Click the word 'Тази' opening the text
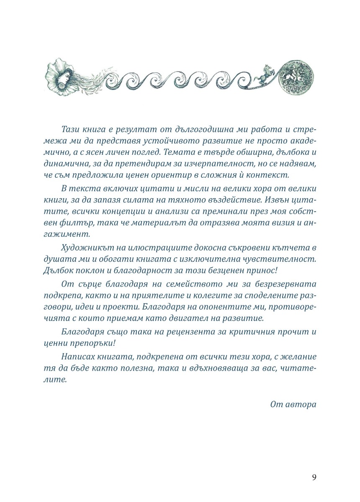click(70, 128)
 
